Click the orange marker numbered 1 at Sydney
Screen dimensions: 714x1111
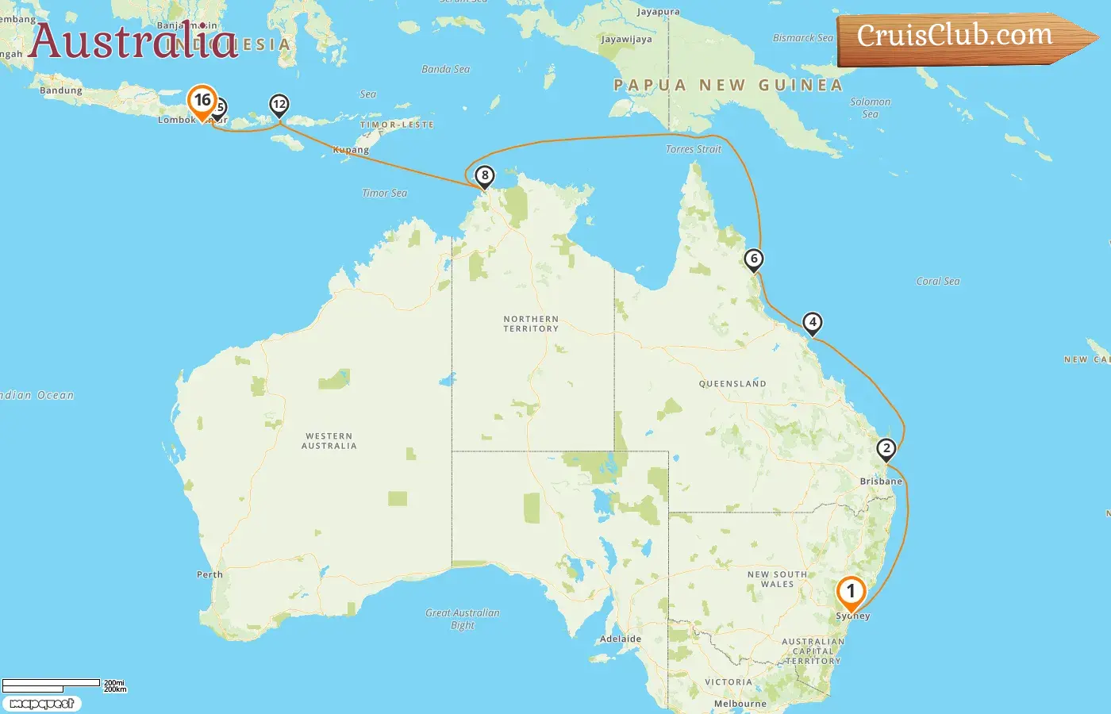click(851, 592)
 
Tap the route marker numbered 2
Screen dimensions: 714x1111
click(886, 449)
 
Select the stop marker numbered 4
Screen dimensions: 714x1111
click(812, 323)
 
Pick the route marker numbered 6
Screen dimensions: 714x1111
click(754, 259)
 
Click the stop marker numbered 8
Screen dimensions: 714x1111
click(485, 175)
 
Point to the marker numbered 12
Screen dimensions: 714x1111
click(279, 104)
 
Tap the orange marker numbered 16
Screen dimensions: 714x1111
click(202, 101)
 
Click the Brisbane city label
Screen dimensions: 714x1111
click(881, 482)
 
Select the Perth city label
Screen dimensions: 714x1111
click(210, 574)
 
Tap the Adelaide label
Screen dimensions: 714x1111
click(621, 639)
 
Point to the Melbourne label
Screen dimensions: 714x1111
click(740, 704)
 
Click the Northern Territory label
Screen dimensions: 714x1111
click(531, 324)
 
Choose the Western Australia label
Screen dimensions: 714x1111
click(329, 441)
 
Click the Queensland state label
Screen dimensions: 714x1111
click(732, 384)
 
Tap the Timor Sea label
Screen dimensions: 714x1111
click(384, 193)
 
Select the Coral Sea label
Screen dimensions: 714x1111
click(937, 281)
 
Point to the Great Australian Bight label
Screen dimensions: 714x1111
click(463, 619)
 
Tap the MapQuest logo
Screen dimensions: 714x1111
click(41, 704)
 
